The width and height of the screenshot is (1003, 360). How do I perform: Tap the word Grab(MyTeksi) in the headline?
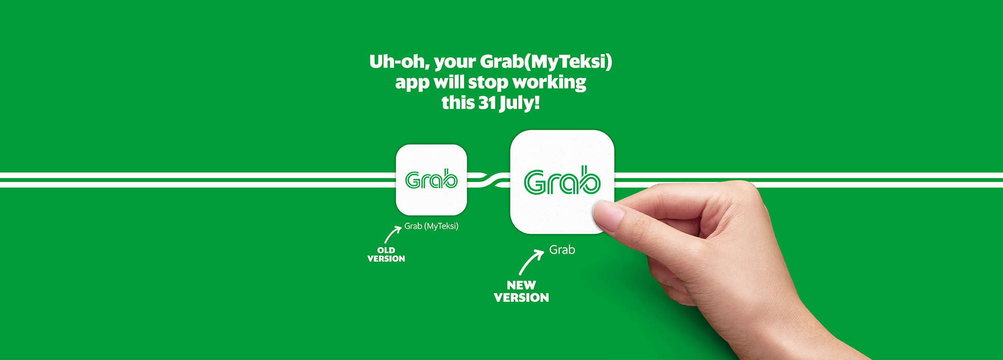[546, 62]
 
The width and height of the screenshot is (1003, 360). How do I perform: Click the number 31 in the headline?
[487, 103]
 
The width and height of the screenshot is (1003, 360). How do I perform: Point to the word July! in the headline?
[520, 103]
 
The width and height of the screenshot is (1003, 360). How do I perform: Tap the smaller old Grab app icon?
[432, 180]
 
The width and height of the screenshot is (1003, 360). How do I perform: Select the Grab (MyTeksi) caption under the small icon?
[431, 226]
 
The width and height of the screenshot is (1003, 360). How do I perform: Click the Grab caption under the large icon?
[562, 250]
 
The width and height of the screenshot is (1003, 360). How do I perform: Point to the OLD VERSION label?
[386, 255]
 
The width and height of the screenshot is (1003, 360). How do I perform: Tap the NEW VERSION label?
[522, 291]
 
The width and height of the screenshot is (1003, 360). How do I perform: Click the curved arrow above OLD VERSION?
[392, 235]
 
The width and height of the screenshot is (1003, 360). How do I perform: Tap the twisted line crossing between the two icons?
[489, 180]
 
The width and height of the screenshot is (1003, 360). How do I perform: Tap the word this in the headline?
[458, 103]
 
